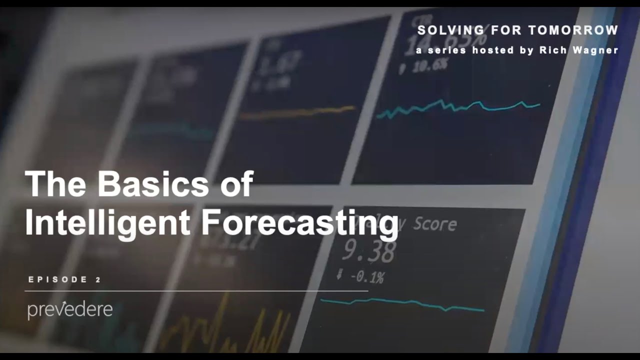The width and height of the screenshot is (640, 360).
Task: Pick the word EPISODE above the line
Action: [x=58, y=279]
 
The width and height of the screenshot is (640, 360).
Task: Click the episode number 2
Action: [x=97, y=279]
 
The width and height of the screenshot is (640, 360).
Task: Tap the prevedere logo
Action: [x=70, y=310]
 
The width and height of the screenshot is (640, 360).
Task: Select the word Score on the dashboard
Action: [x=434, y=223]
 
